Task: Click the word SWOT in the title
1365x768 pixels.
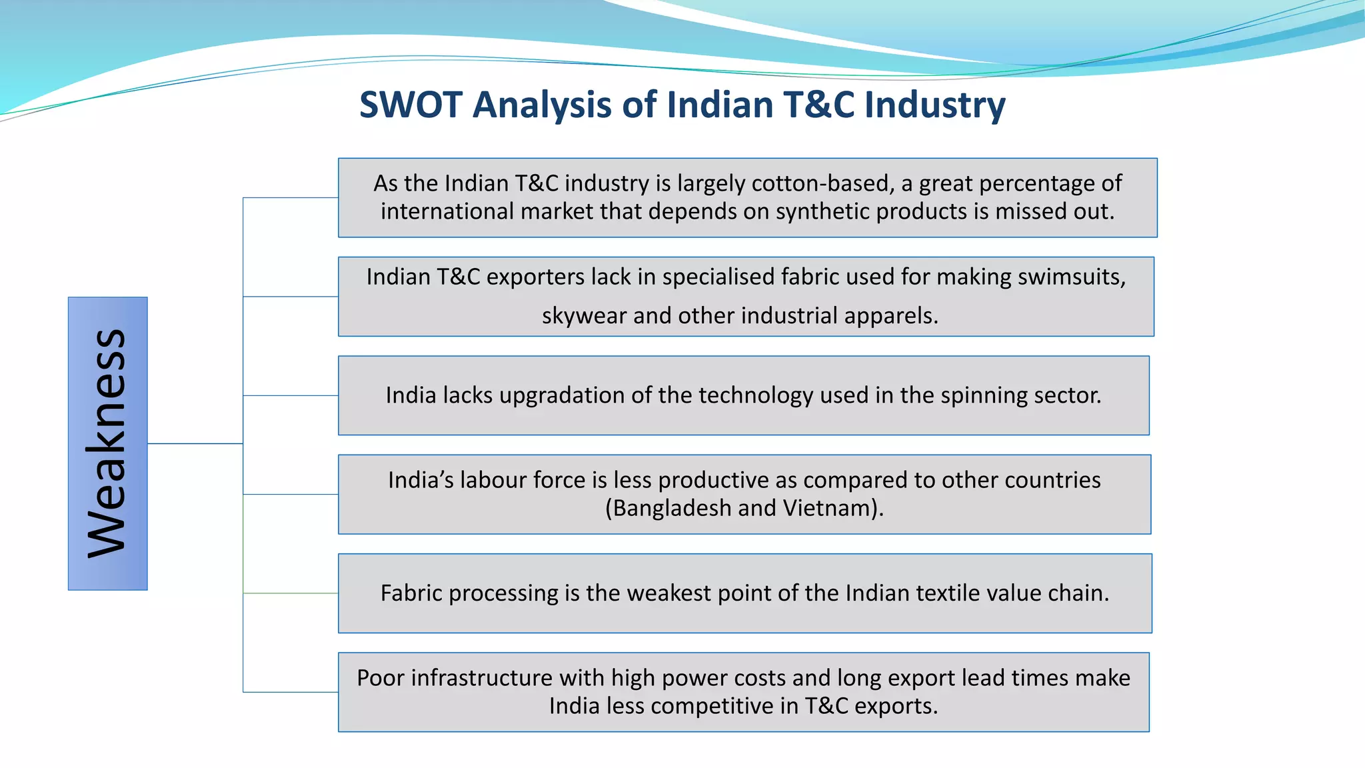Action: (x=411, y=105)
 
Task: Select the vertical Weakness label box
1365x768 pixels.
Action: (x=107, y=443)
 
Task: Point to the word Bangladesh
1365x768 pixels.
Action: (x=673, y=508)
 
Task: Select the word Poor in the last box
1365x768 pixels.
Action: (x=381, y=678)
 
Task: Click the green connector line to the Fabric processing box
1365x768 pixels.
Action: (x=291, y=593)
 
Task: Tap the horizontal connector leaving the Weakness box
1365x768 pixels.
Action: (x=195, y=443)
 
